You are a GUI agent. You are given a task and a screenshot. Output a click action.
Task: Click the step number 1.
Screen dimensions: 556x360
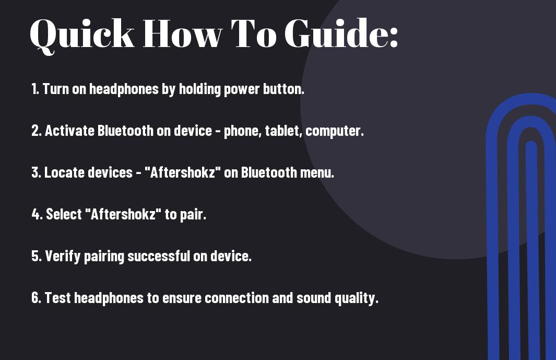[35, 89]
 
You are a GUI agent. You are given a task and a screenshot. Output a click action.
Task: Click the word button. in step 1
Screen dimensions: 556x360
[283, 89]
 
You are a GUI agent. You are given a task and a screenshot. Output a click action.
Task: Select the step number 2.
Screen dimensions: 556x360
[37, 131]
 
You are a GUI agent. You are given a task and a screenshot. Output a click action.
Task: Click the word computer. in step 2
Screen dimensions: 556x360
[334, 131]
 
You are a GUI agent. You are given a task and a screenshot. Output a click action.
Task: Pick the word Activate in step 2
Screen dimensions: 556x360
[69, 131]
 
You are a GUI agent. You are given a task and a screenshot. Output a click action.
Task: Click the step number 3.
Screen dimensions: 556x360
[36, 172]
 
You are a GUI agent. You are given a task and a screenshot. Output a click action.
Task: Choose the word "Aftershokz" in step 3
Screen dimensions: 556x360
[182, 172]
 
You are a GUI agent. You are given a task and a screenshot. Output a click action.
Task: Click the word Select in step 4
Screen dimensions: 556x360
[64, 214]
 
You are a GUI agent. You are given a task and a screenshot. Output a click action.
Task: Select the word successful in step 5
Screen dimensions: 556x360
[159, 256]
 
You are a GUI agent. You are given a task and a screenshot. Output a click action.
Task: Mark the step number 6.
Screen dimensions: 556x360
[36, 297]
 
